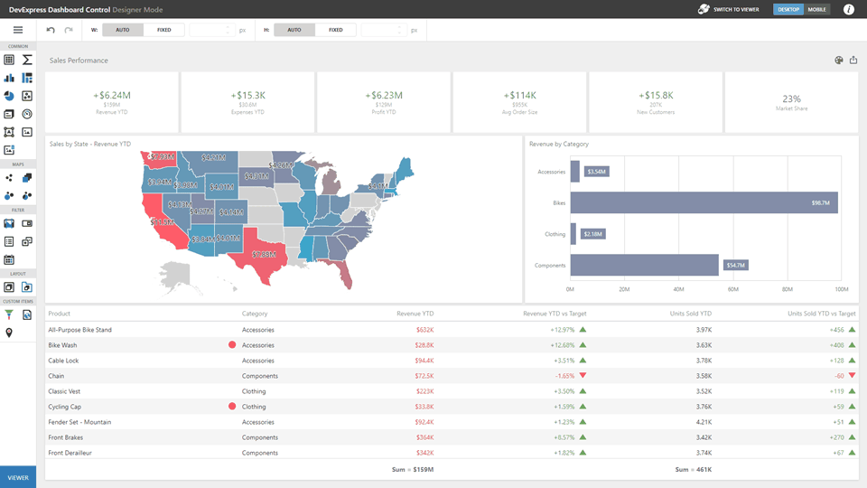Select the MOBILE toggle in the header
(816, 9)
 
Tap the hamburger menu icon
(18, 30)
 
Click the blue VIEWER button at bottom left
(18, 477)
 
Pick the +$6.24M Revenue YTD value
(112, 95)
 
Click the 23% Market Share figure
(791, 99)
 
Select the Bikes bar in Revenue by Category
(703, 203)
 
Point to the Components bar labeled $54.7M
(644, 265)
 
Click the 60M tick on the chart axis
(733, 290)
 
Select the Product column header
(60, 314)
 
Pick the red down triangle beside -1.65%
(583, 375)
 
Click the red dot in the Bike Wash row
(232, 345)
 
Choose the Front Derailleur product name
(70, 453)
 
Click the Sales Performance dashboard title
(79, 61)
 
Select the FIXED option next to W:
(163, 30)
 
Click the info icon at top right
(849, 9)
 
